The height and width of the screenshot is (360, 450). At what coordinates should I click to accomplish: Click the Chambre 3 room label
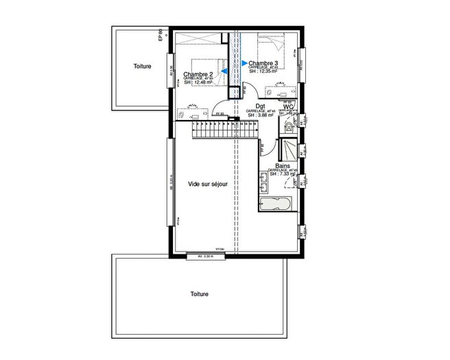point(263,64)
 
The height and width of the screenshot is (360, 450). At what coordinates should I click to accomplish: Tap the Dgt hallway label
point(260,106)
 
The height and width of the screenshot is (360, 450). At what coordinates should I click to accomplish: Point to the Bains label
point(282,166)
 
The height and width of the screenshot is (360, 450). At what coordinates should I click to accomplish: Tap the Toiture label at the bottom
point(200,293)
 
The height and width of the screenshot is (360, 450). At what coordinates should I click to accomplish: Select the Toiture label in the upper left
point(142,67)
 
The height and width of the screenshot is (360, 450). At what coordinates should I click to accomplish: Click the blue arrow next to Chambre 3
point(244,63)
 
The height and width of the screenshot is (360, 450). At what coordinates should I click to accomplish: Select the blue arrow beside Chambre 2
point(224,71)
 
